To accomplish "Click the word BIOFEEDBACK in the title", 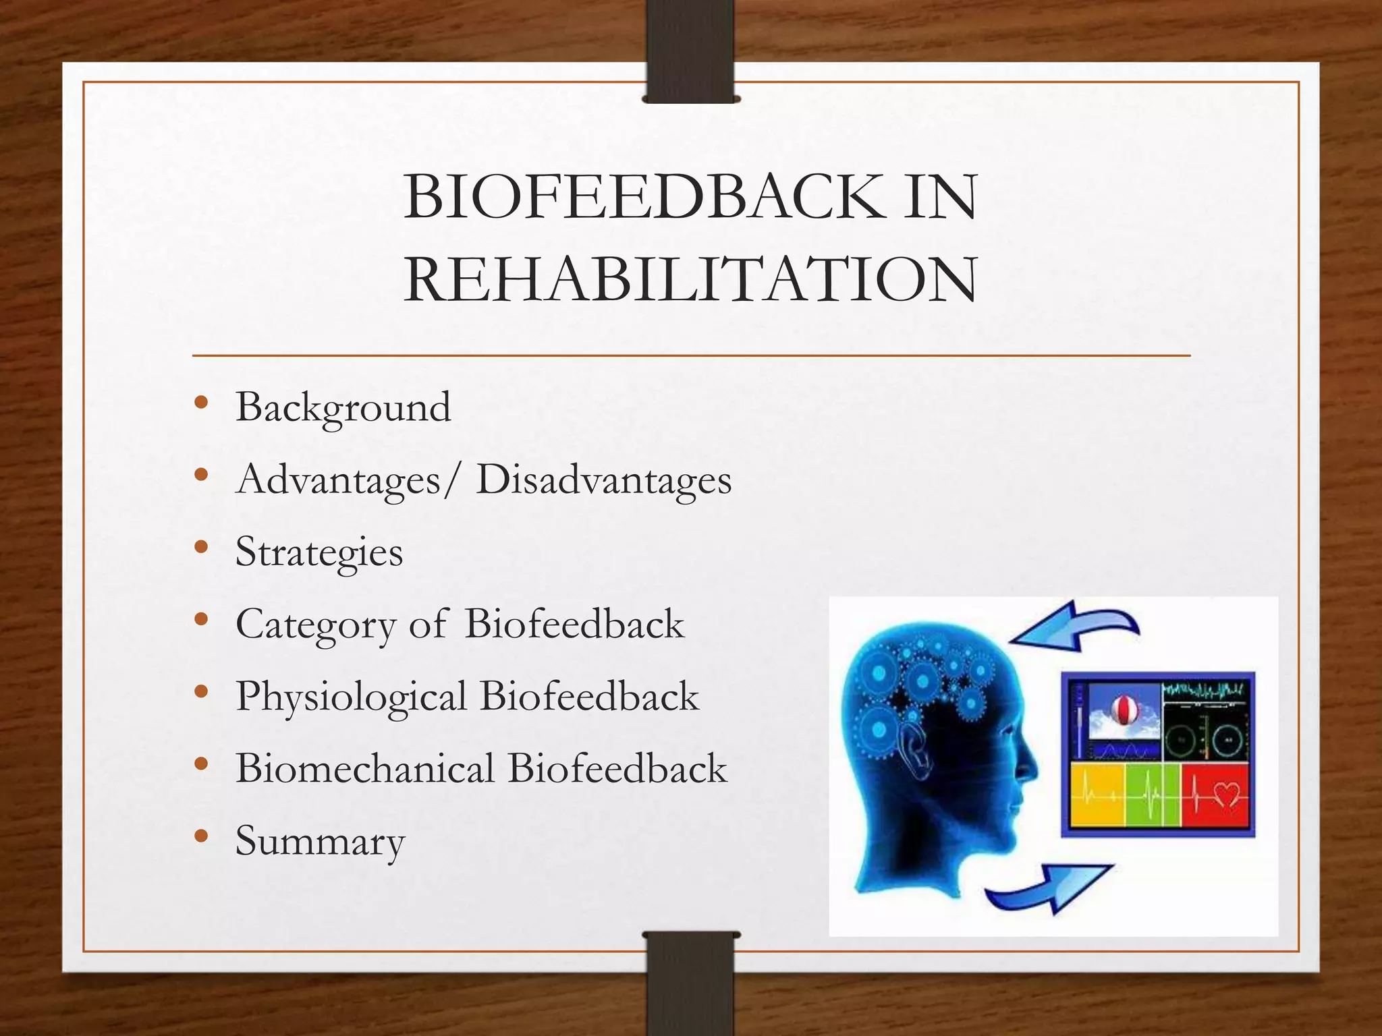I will click(644, 197).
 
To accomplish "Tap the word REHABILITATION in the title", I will click(690, 279).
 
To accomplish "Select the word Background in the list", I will click(343, 407).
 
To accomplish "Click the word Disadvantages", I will click(603, 480).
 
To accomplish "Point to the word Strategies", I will click(319, 552).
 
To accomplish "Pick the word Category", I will click(315, 625).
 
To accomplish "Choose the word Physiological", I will click(351, 697).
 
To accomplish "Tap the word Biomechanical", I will click(364, 769).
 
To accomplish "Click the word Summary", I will click(320, 841).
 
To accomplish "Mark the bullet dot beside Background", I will click(200, 403).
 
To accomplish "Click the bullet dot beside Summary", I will click(200, 836).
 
